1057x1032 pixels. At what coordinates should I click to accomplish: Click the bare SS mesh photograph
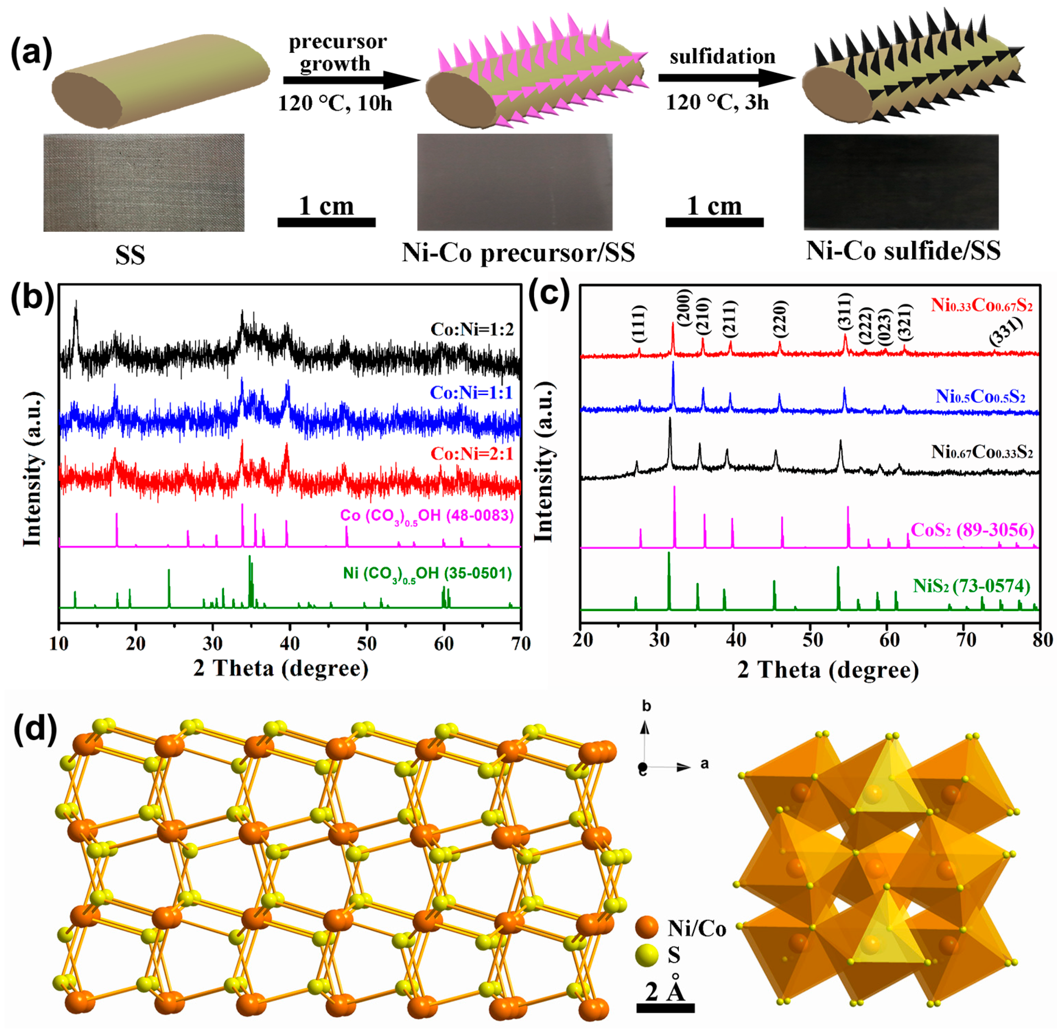click(x=144, y=182)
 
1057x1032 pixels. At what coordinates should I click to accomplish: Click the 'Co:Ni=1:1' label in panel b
click(x=471, y=392)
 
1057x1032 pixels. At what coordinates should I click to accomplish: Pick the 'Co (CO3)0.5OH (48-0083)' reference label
click(x=427, y=515)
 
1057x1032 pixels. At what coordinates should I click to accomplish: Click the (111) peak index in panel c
click(x=639, y=324)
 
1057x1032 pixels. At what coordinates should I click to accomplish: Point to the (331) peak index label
click(x=1006, y=331)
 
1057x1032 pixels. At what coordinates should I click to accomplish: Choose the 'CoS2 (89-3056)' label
click(x=972, y=529)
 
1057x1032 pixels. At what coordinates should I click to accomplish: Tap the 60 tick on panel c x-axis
click(x=889, y=640)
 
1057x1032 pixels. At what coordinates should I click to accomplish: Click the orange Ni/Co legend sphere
click(x=646, y=928)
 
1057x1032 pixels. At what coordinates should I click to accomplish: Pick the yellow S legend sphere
click(x=646, y=955)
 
